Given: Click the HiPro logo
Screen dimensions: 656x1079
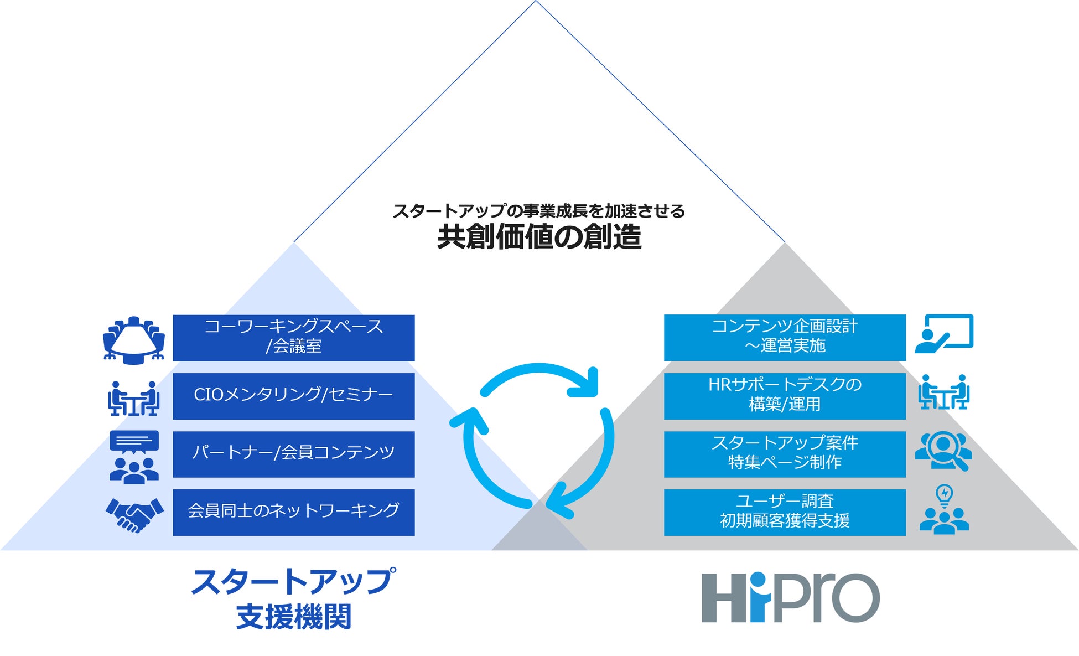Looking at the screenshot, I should (x=790, y=597).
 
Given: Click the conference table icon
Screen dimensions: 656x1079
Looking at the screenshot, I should (x=134, y=340).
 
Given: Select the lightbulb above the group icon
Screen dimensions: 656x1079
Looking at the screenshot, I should (x=944, y=495).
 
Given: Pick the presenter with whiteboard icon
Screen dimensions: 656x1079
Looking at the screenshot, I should (x=943, y=334).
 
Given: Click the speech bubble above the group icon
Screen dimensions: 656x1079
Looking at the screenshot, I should (x=134, y=441).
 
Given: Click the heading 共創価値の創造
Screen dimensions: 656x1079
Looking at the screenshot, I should (x=539, y=237).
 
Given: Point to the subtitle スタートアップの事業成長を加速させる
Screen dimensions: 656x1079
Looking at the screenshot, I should (x=539, y=211).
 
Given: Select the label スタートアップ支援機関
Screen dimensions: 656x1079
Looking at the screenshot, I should (x=293, y=599).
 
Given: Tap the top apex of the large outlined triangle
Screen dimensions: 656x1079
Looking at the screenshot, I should (x=536, y=2).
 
